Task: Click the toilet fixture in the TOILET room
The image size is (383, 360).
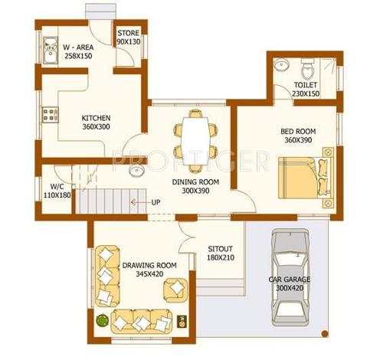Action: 308,67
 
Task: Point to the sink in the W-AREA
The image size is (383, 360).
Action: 48,51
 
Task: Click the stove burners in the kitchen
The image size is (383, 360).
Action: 51,116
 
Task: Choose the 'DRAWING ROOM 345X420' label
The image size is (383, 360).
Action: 149,270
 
